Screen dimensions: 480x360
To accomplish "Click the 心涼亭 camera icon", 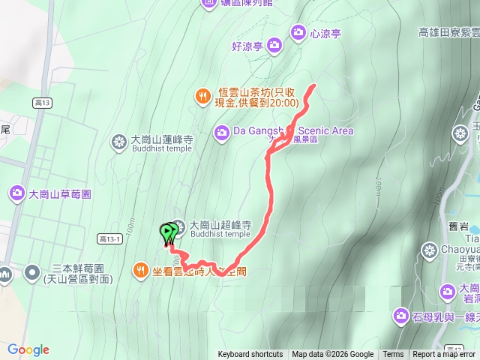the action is pyautogui.click(x=298, y=32).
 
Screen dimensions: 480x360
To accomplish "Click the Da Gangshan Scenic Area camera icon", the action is pyautogui.click(x=222, y=133).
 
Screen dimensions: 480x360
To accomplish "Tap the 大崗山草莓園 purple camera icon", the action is pyautogui.click(x=17, y=194).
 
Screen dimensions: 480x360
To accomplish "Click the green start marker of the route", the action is pyautogui.click(x=166, y=233).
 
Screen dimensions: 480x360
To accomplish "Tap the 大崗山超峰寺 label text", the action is pyautogui.click(x=219, y=224).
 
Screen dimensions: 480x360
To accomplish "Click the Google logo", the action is pyautogui.click(x=28, y=350).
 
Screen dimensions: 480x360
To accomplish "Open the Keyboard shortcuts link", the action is pyautogui.click(x=250, y=355).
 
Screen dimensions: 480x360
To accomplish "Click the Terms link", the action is pyautogui.click(x=393, y=355).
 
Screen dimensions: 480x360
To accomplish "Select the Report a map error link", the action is pyautogui.click(x=444, y=355).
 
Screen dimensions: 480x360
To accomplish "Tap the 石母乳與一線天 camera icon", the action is pyautogui.click(x=400, y=316).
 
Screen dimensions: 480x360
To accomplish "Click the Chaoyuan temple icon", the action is pyautogui.click(x=430, y=249).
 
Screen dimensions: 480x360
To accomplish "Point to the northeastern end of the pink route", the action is pyautogui.click(x=313, y=86).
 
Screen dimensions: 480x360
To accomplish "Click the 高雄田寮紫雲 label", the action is pyautogui.click(x=448, y=32).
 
